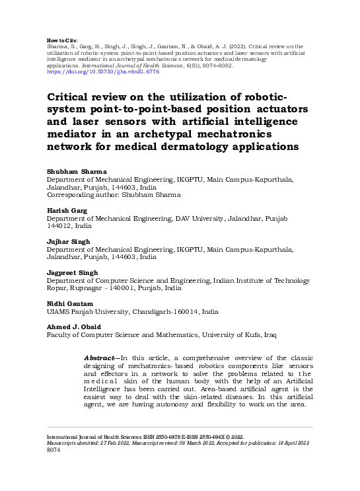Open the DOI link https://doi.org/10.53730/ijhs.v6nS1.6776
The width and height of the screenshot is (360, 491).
[x=95, y=71]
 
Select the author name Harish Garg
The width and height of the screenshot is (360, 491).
[x=66, y=209]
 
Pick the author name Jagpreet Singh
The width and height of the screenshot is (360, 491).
[x=72, y=272]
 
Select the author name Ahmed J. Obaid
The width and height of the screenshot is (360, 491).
[x=73, y=326]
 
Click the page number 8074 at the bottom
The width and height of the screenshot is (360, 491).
[x=54, y=451]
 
